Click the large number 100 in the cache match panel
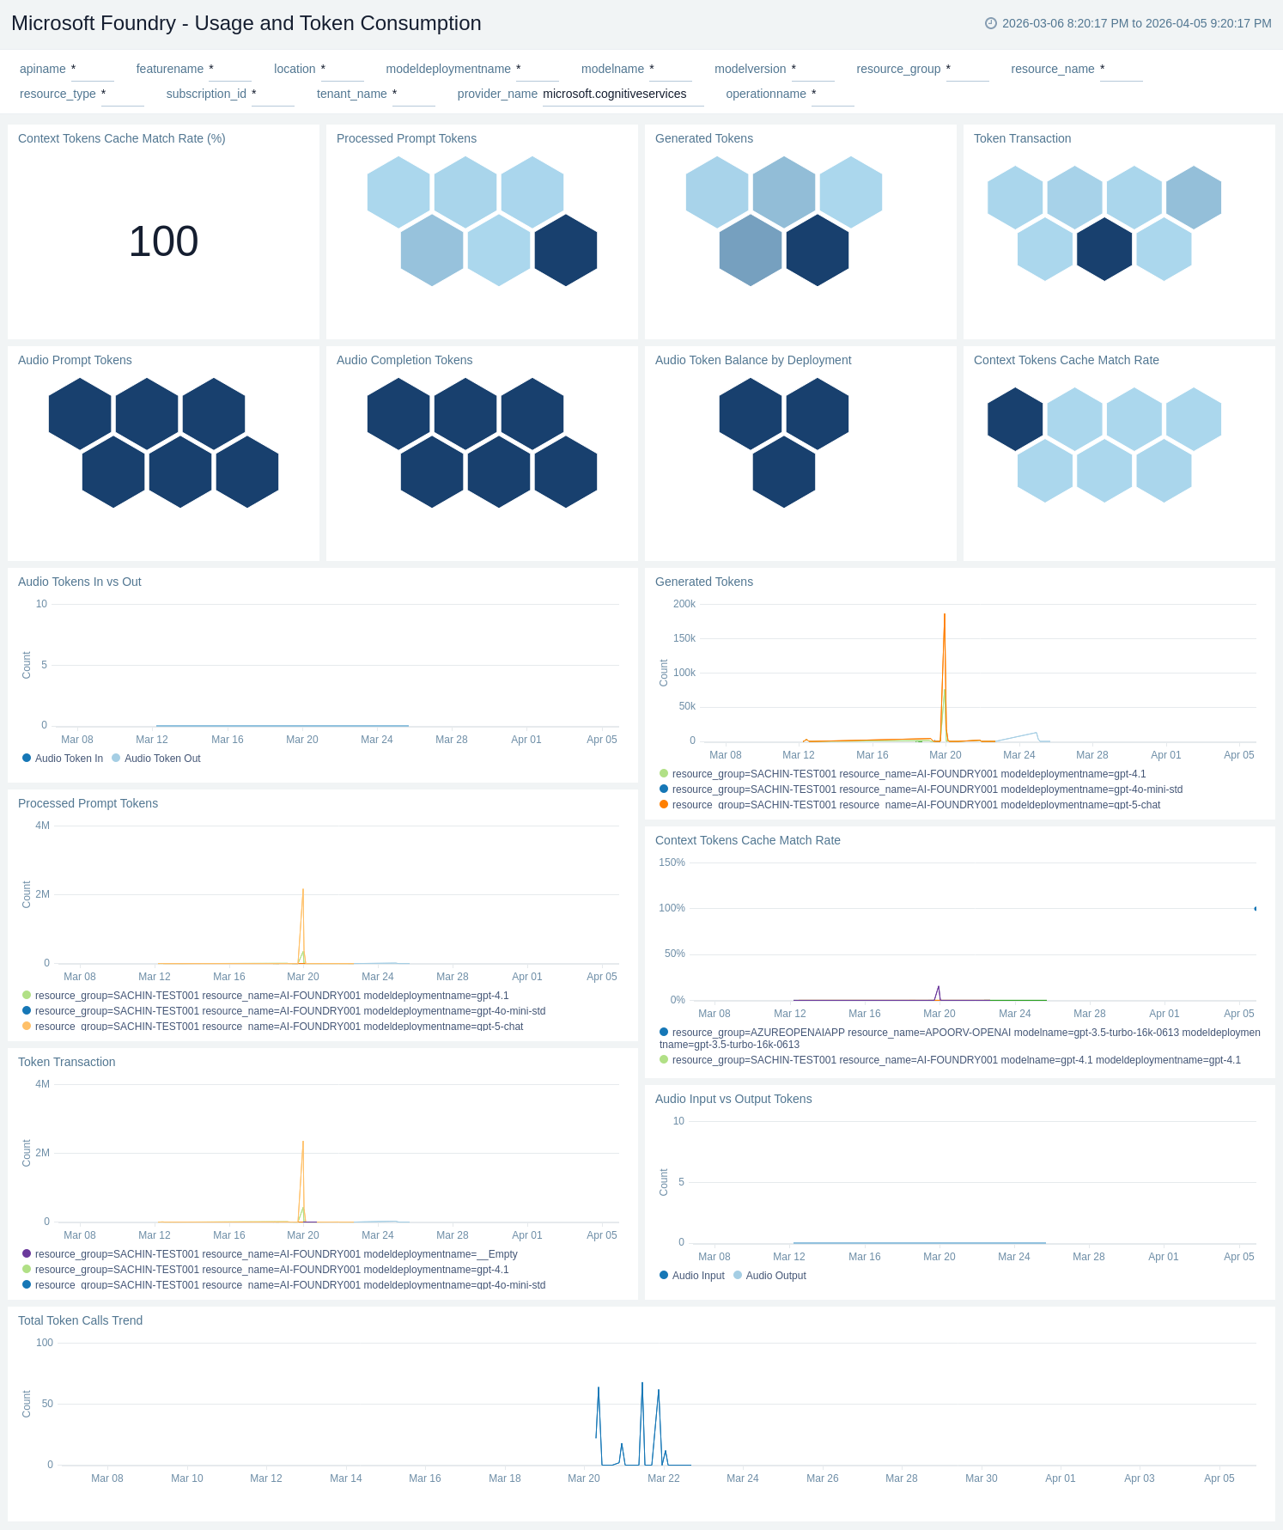coord(163,241)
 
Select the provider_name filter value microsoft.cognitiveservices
coord(614,94)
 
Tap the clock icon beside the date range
coord(991,23)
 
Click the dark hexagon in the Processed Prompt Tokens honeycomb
coord(565,250)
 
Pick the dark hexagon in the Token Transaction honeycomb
coord(1104,249)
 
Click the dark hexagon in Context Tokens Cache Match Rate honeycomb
coord(1015,419)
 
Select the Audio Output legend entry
coord(775,1276)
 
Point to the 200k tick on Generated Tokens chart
coord(684,604)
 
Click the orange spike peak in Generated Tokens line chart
coord(945,615)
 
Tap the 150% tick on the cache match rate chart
coord(672,863)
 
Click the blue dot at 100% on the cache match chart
coord(1256,908)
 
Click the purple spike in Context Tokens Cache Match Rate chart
coord(938,987)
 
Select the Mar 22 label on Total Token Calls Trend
coord(663,1478)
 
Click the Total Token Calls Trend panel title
coord(80,1320)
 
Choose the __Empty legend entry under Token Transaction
coord(276,1254)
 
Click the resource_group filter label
coord(898,69)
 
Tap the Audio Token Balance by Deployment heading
coord(752,360)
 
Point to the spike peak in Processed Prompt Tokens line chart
coord(303,890)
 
